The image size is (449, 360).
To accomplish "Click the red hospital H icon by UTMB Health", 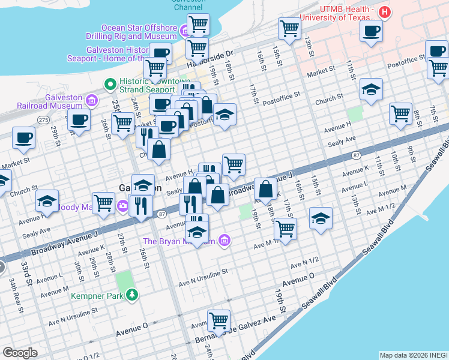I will click(x=385, y=13).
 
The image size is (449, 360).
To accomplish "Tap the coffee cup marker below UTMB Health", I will click(x=372, y=32).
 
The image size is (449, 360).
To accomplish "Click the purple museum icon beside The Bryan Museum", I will click(x=225, y=241).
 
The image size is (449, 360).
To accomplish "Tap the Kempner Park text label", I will click(x=97, y=295).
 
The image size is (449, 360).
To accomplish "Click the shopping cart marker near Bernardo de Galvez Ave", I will click(x=218, y=320).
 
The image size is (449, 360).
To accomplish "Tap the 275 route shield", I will click(x=43, y=120).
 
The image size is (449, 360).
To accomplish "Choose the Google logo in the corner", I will click(x=20, y=352).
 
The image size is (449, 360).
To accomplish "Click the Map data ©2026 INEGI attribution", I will click(x=413, y=355).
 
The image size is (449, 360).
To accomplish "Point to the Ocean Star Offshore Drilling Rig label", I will click(x=139, y=32).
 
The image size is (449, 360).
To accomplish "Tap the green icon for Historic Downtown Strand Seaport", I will click(x=110, y=83).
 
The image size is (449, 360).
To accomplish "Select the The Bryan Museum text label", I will click(x=179, y=241).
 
